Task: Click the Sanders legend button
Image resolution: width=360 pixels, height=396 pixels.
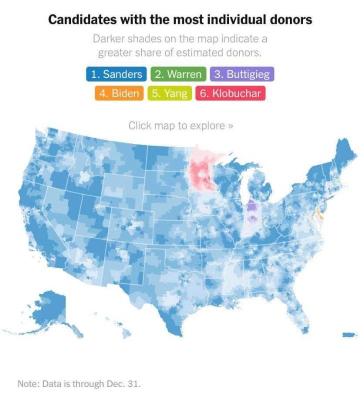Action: coord(115,74)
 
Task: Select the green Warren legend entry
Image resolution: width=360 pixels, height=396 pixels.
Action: coord(178,74)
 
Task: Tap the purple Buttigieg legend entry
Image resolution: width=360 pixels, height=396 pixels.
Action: coord(242,74)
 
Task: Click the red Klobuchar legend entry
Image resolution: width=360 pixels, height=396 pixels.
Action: coord(230,93)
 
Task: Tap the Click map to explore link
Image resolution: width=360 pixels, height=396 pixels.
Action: coord(180,125)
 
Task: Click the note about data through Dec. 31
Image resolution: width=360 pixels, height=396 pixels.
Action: coord(79,384)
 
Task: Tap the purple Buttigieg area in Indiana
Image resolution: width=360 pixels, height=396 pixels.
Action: coord(252,212)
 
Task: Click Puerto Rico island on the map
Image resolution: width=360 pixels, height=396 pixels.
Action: coord(348,334)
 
